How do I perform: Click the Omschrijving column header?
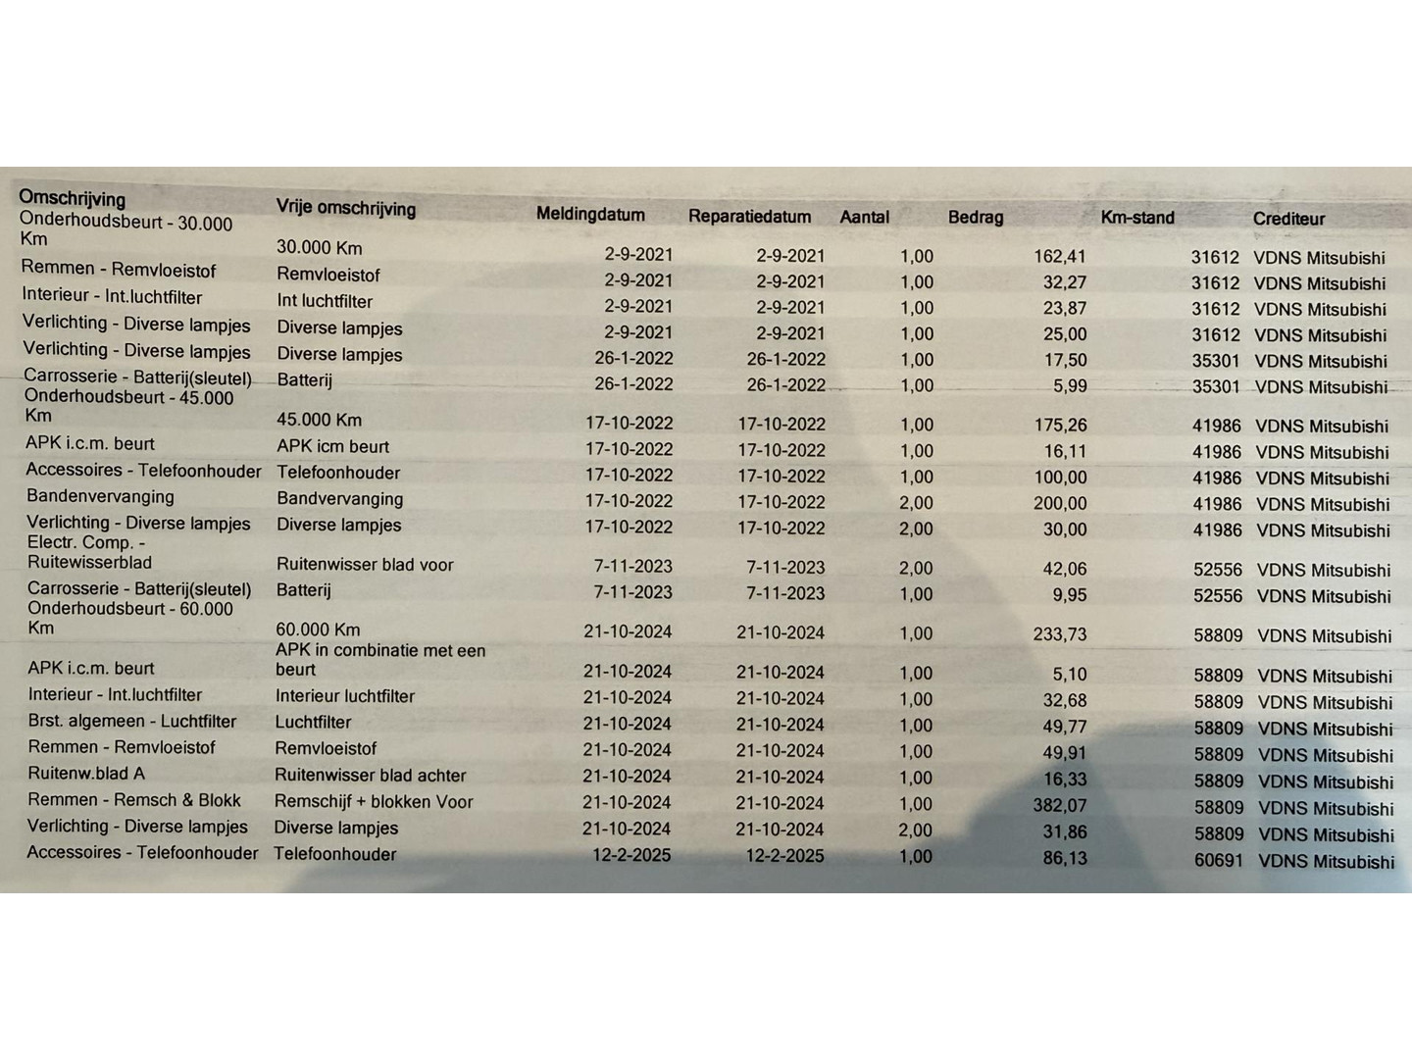(73, 198)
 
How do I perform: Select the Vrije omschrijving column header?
(345, 208)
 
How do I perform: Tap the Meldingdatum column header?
(590, 215)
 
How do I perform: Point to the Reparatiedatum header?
(749, 216)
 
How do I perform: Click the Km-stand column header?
(1136, 218)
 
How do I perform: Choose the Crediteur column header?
(1288, 219)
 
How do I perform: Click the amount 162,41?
(1060, 257)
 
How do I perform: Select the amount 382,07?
(1060, 806)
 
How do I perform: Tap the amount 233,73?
(1060, 634)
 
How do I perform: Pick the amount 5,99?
(1070, 386)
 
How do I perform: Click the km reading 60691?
(1218, 861)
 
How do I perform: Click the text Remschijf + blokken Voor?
(374, 802)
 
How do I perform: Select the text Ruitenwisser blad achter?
(371, 776)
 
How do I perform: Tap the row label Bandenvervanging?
(100, 496)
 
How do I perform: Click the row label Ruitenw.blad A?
(86, 774)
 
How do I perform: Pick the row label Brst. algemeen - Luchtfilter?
(132, 721)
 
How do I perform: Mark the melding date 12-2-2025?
(631, 855)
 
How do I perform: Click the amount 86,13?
(1065, 858)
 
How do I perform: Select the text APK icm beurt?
(333, 446)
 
